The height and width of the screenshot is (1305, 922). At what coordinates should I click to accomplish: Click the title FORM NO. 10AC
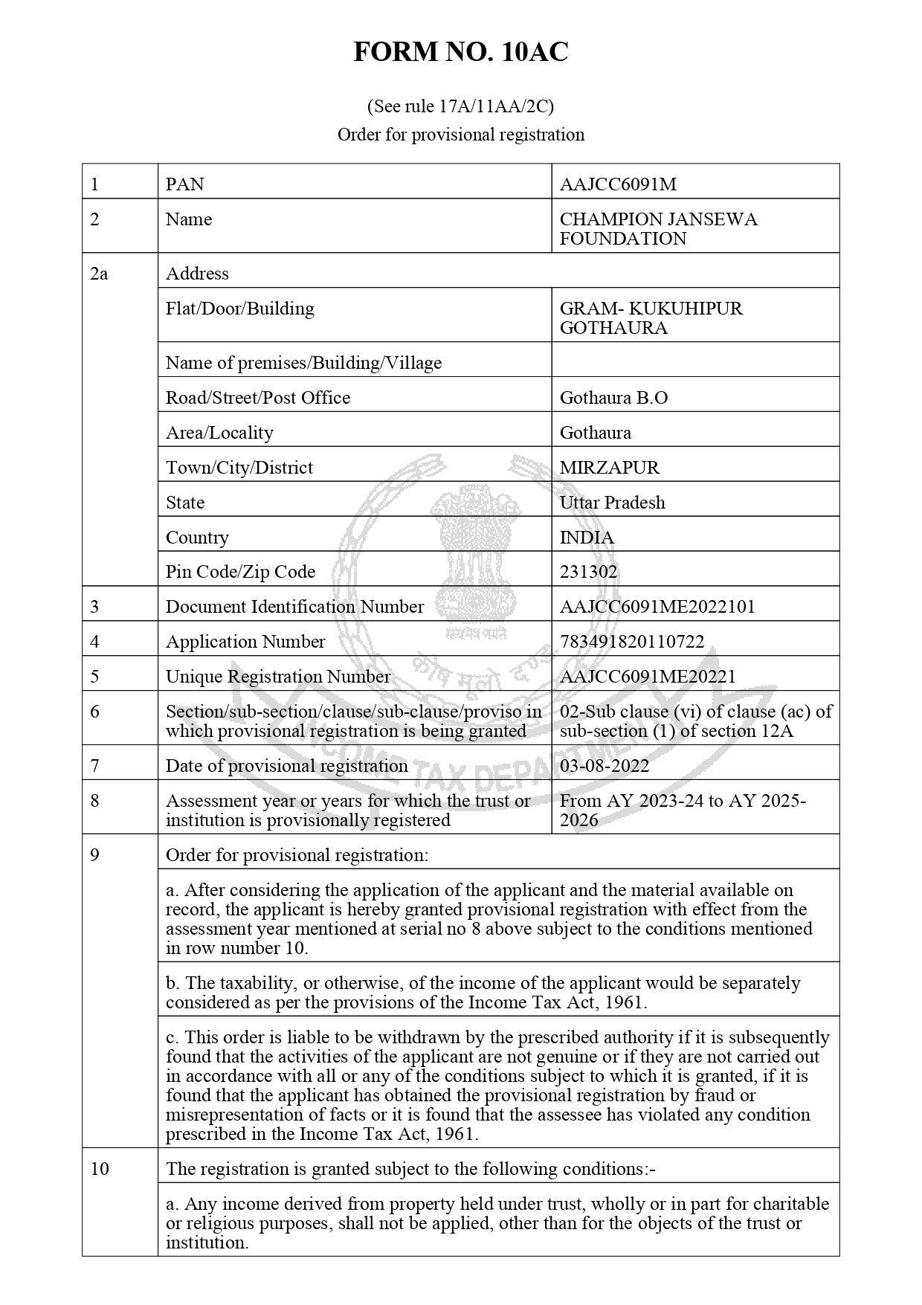click(460, 53)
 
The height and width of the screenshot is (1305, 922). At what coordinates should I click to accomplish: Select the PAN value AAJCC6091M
click(618, 184)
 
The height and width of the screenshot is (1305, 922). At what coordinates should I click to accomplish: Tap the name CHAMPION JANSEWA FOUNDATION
click(658, 229)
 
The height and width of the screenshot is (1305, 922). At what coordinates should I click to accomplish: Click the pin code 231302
click(588, 572)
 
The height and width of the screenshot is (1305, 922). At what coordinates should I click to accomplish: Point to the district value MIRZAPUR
click(609, 468)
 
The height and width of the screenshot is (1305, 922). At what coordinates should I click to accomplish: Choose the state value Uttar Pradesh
click(612, 503)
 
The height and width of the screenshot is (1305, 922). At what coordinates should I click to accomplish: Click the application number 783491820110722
click(631, 642)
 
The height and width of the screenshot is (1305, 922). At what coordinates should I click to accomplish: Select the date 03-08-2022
click(604, 766)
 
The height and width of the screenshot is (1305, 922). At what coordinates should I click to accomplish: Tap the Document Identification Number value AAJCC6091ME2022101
click(657, 607)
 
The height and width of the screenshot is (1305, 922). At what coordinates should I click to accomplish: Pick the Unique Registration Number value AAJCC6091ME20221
click(647, 677)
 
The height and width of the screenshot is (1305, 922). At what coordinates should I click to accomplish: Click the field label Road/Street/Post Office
click(257, 398)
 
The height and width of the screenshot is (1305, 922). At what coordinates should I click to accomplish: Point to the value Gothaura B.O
click(613, 398)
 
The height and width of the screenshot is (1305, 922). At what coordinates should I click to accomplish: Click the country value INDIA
click(587, 538)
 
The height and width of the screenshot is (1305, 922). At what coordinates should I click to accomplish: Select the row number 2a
click(98, 274)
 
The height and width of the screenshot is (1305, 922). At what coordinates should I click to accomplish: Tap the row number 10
click(99, 1169)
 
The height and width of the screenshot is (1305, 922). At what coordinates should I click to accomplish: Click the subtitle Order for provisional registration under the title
click(460, 135)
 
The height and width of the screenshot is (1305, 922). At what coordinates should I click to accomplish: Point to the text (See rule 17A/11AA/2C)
click(460, 106)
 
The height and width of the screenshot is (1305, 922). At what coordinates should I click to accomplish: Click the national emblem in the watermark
click(476, 550)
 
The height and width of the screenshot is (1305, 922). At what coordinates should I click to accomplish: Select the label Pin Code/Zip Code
click(240, 572)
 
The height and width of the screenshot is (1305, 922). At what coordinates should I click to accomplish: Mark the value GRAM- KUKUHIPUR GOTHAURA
click(651, 318)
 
